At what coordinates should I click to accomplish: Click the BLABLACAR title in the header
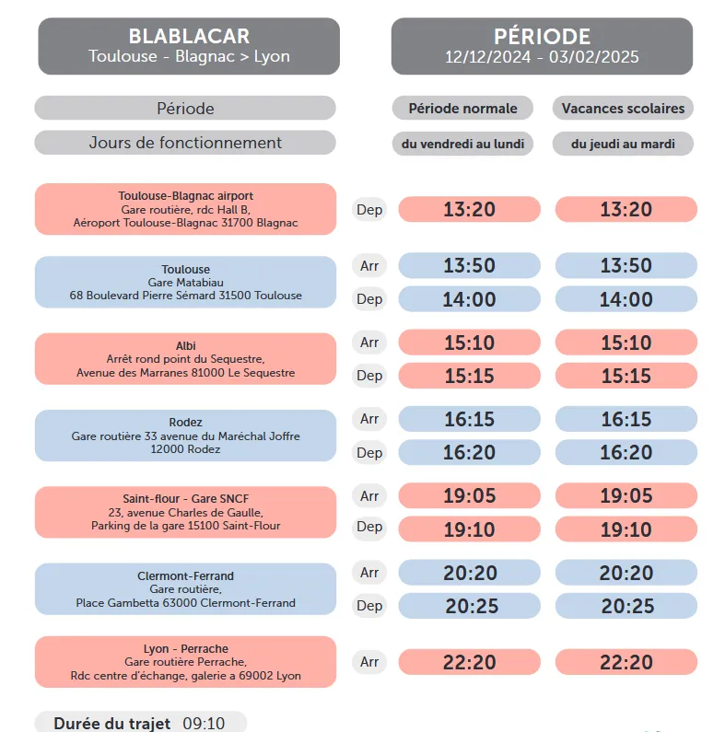189,36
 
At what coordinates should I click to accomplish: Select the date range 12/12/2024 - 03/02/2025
542,57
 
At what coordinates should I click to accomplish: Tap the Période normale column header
462,108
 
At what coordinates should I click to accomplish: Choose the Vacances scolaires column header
623,108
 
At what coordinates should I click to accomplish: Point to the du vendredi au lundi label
462,144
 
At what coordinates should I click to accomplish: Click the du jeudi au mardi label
623,144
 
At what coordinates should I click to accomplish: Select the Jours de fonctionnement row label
185,143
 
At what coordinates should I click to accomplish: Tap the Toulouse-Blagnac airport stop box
185,209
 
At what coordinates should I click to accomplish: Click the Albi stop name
185,345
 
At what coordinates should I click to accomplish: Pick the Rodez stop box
185,436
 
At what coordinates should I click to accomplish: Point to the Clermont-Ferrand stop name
185,575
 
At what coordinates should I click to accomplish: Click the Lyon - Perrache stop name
185,648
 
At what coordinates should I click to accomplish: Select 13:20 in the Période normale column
469,209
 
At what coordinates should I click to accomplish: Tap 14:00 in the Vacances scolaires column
626,299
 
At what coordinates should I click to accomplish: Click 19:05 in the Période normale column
469,496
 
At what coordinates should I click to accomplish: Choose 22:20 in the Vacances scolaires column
626,662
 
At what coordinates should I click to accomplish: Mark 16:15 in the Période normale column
469,419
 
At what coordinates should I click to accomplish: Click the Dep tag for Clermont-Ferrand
369,605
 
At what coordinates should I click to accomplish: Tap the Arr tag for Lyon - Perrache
369,661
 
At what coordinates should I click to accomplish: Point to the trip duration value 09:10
204,723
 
